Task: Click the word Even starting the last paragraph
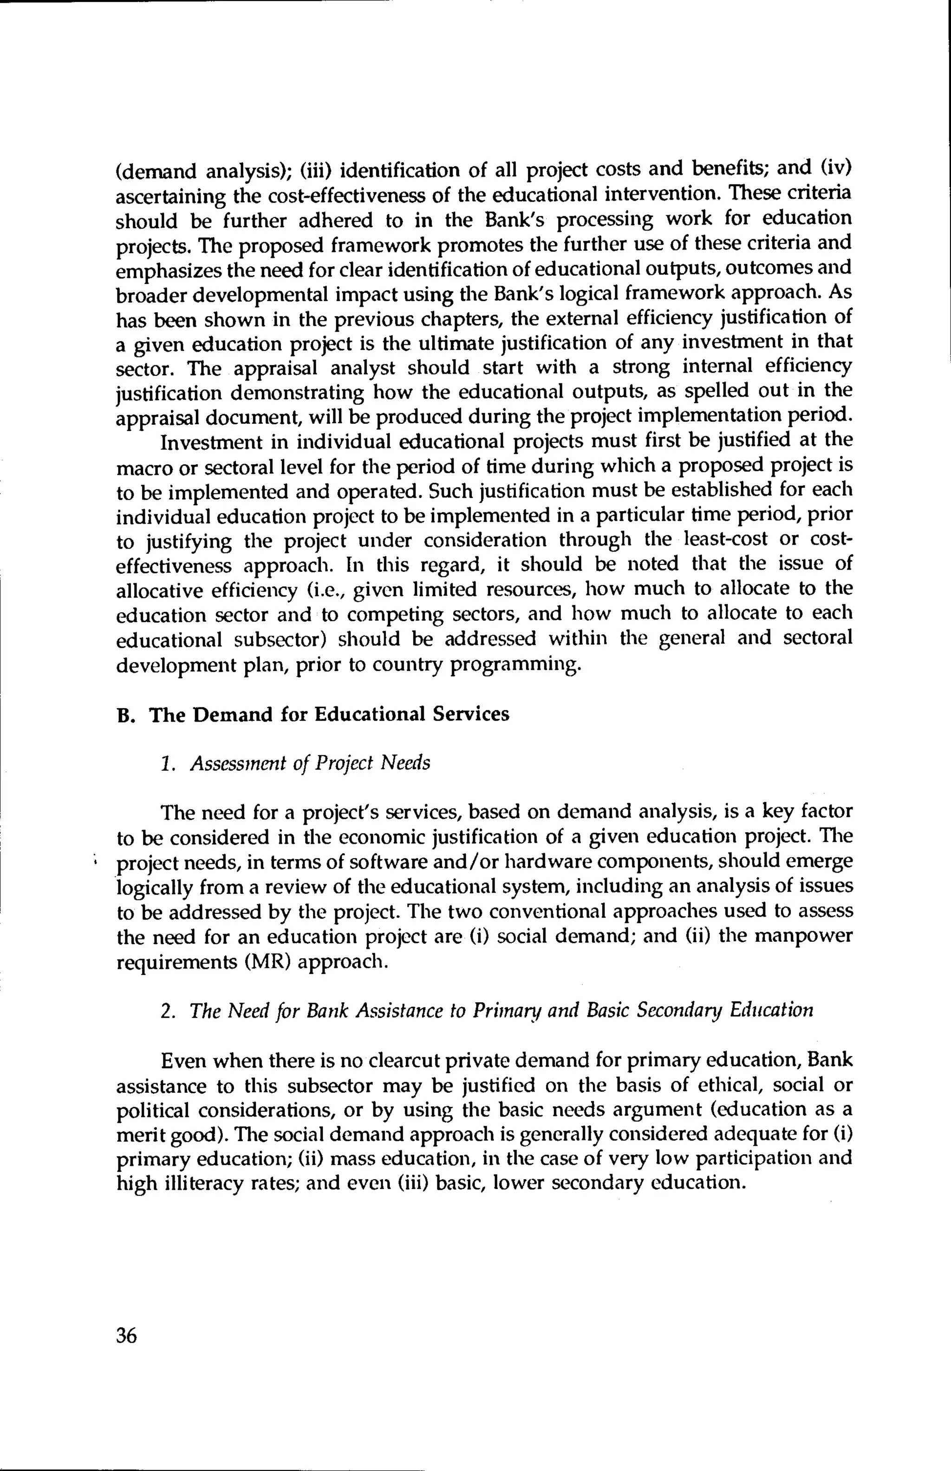[183, 1061]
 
